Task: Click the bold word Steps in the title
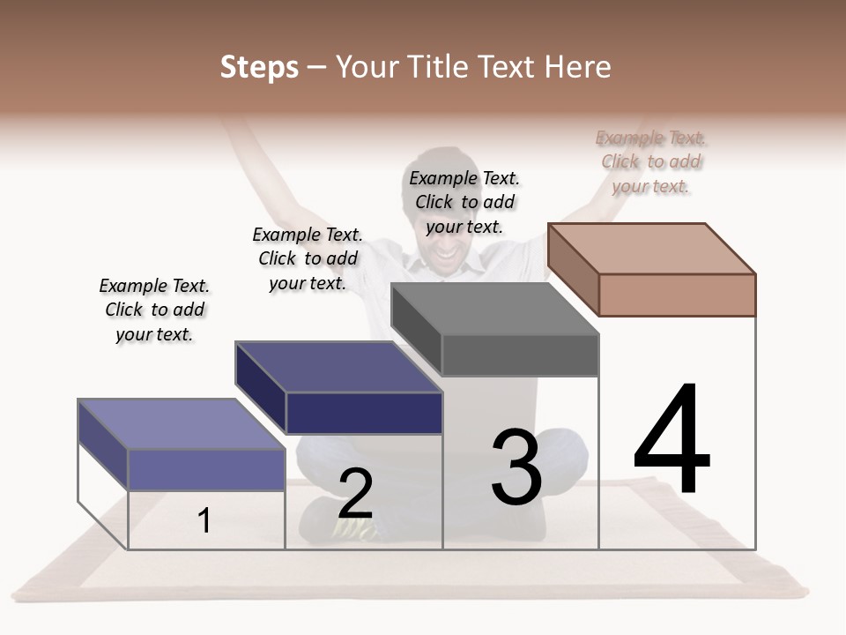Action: tap(259, 67)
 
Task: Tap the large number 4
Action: tap(672, 441)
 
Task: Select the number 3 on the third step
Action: tap(516, 467)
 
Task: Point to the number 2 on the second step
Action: tap(355, 495)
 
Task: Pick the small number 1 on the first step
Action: tap(204, 521)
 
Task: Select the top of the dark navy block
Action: tap(338, 367)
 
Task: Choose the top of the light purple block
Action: tap(182, 424)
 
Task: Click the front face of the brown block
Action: tap(677, 295)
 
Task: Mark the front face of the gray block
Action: tap(520, 355)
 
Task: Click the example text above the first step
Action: tap(155, 310)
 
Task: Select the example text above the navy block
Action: tap(308, 258)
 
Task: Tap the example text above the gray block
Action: tap(464, 202)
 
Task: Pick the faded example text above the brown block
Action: tap(651, 161)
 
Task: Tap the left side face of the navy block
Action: tap(261, 388)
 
